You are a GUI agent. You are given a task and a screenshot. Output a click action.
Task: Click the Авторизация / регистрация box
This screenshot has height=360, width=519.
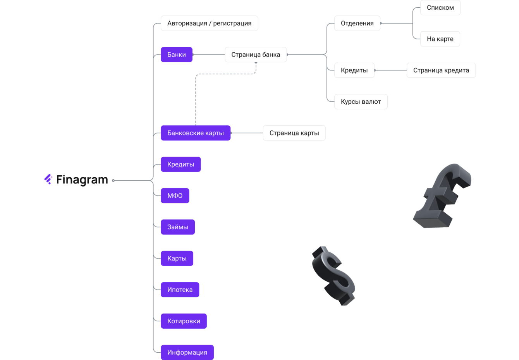click(209, 23)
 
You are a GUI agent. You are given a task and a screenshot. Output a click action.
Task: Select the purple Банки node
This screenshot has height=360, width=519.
click(177, 55)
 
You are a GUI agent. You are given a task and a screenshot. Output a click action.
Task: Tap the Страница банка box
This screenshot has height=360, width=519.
click(256, 55)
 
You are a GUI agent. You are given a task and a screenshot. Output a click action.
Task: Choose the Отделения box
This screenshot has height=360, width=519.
click(357, 23)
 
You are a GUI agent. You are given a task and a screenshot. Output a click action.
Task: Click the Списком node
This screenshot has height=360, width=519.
click(440, 8)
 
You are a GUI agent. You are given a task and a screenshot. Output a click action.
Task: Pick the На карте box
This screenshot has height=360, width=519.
click(440, 39)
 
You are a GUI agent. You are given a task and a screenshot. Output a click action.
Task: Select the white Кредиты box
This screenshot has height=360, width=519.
click(354, 70)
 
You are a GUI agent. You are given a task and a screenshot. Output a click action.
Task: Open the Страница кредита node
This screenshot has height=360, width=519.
click(441, 70)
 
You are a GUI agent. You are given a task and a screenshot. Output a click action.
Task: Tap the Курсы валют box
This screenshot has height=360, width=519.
click(361, 102)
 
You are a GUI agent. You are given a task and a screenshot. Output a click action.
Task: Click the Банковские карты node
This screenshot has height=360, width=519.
click(196, 133)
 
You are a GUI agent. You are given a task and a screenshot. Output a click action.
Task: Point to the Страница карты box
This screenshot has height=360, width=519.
click(294, 133)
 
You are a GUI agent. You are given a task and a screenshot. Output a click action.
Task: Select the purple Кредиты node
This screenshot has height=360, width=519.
click(180, 165)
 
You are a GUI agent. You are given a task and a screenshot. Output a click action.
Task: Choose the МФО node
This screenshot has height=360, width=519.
click(175, 196)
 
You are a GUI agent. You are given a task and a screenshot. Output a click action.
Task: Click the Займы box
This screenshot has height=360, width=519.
click(178, 227)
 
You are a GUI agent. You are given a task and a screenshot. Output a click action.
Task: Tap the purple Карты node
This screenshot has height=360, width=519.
click(177, 259)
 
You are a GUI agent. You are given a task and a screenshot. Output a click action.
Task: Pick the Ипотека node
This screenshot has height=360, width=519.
click(180, 290)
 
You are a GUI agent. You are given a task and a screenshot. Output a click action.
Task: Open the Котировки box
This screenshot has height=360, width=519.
click(184, 321)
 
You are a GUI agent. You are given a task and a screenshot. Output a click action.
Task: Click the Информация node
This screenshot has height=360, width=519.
click(187, 352)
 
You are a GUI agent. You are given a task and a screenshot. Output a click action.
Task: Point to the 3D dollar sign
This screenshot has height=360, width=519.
click(333, 276)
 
